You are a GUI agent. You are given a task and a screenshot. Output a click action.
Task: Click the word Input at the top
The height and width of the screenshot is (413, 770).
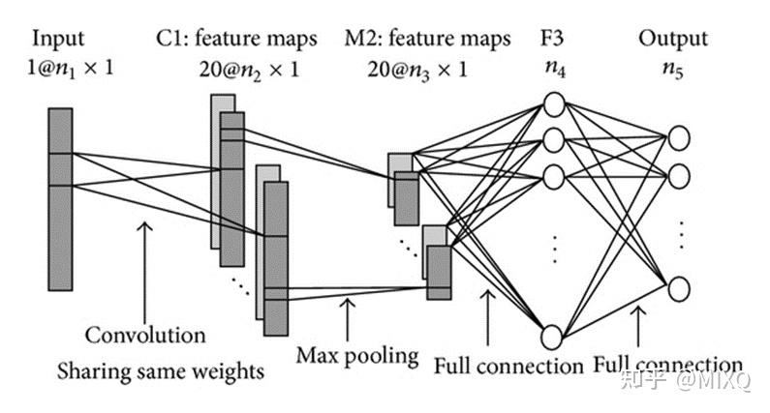[x=59, y=39]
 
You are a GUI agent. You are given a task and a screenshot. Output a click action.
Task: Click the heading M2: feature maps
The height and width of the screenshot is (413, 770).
[x=427, y=39]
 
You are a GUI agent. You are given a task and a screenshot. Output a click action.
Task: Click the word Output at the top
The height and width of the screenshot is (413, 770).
[x=673, y=39]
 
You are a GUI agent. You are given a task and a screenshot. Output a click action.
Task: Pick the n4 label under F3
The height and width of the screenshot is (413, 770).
[x=554, y=71]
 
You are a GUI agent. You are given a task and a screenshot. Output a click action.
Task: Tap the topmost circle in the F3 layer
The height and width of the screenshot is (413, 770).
[x=553, y=104]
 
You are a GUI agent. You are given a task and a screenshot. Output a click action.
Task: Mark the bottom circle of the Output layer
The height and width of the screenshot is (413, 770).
[x=680, y=287]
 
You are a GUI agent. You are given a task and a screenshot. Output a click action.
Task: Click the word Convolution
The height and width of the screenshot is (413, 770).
[x=145, y=336]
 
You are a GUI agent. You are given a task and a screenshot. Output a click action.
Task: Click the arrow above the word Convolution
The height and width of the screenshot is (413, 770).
[x=145, y=271]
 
